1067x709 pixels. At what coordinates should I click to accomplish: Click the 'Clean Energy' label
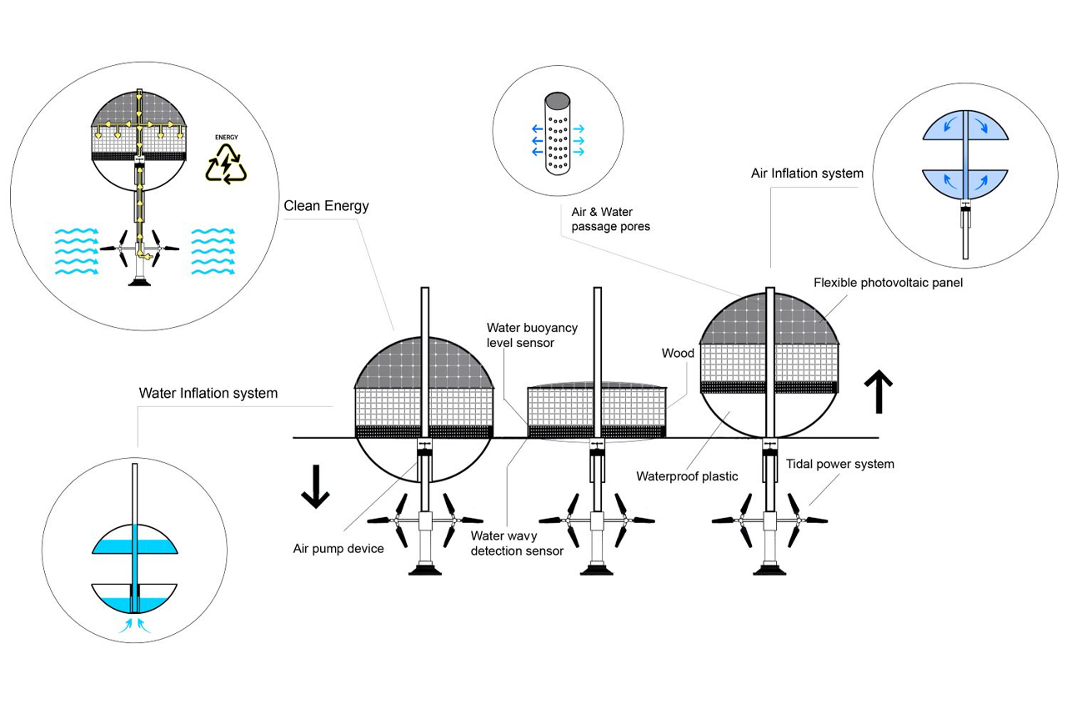point(326,206)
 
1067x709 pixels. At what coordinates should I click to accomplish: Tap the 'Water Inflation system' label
point(208,393)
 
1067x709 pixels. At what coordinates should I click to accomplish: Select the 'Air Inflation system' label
point(807,173)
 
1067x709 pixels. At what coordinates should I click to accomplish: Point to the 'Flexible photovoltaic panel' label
point(888,283)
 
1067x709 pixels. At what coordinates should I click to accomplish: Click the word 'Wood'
point(678,354)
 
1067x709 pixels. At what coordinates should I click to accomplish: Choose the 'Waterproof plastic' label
point(687,477)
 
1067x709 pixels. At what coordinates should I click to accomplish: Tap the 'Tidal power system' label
point(839,464)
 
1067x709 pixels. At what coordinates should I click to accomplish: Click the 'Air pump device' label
point(338,549)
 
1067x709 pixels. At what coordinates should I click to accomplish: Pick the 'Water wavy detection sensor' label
point(517,543)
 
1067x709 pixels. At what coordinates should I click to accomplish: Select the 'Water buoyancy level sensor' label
point(532,335)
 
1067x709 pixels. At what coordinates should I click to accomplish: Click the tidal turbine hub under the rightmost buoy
point(769,520)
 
